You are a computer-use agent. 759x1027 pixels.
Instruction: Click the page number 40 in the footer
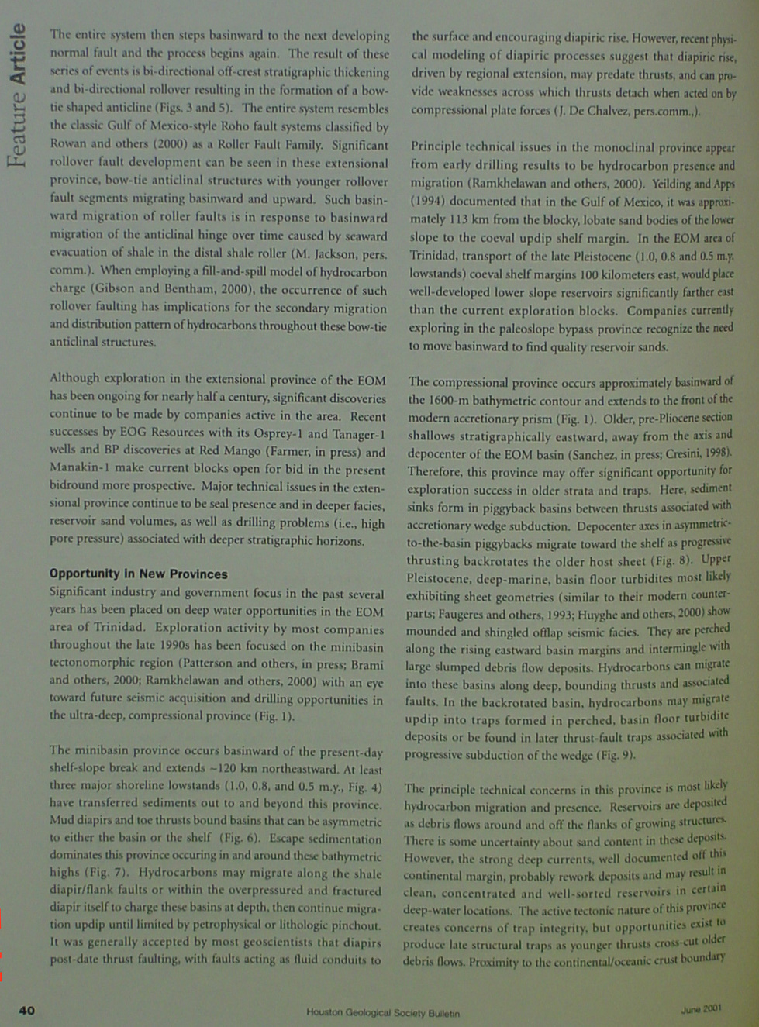[x=27, y=1010]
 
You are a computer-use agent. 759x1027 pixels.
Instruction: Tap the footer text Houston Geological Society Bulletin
[x=383, y=1012]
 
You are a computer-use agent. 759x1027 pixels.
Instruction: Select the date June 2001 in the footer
[x=701, y=1008]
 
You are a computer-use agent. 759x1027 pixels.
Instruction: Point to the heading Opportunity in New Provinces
[x=139, y=574]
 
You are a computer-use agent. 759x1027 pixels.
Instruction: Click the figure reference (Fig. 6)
[x=240, y=838]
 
